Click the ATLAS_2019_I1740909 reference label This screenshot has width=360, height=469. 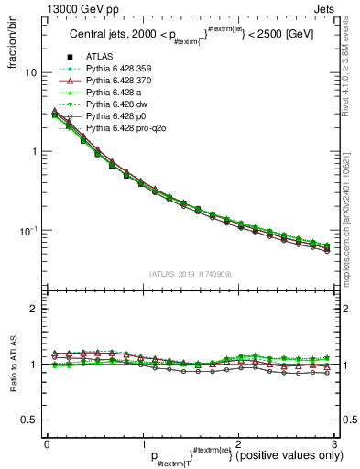190,274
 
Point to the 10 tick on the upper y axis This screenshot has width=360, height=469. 30,72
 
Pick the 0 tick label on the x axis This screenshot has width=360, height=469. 47,442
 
